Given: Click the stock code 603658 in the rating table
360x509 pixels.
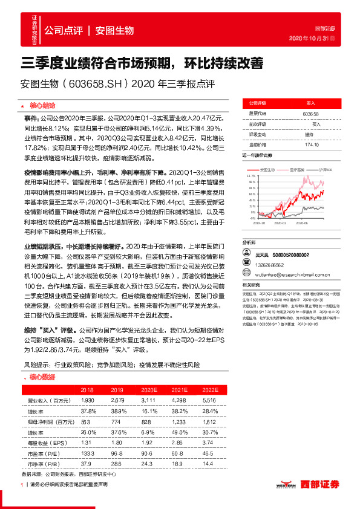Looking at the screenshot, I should coord(310,113).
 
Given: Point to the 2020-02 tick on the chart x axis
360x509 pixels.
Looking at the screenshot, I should coord(288,223).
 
